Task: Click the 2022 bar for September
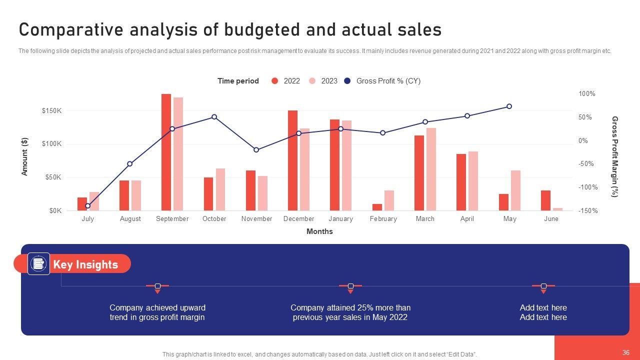[x=166, y=152]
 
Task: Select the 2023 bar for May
[x=515, y=190]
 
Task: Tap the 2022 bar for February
[x=377, y=207]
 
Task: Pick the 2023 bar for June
[x=557, y=209]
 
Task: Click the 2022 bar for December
[x=292, y=160]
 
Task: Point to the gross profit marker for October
[x=214, y=117]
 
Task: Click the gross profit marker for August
[x=130, y=164]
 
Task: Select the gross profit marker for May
[x=509, y=106]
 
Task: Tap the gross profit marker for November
[x=256, y=150]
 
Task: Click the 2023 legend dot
[x=312, y=81]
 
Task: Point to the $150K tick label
[x=51, y=111]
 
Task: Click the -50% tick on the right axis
[x=585, y=164]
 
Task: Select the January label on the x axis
[x=340, y=219]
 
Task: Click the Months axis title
[x=319, y=231]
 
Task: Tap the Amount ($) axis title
[x=24, y=156]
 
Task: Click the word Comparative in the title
[x=71, y=30]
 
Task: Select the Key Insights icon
[x=38, y=263]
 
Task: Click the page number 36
[x=626, y=353]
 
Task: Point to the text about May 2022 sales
[x=350, y=312]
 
